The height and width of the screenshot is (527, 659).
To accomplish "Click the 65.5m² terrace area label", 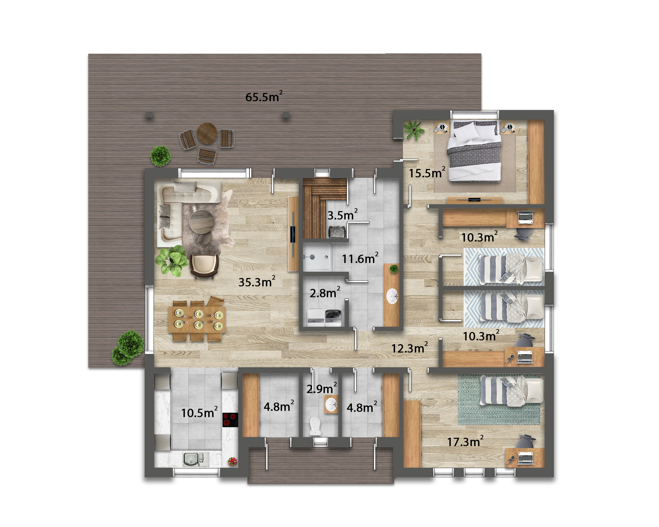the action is (264, 97).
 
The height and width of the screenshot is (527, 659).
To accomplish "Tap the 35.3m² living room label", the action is (257, 282).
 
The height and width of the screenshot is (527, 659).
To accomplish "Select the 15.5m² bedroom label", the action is (427, 173).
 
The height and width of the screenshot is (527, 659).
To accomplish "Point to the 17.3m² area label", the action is (465, 441).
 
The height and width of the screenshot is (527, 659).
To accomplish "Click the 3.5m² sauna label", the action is (342, 215).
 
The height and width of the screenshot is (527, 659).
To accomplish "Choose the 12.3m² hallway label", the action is (410, 348).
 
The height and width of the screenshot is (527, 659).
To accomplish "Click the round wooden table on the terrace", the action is (207, 133).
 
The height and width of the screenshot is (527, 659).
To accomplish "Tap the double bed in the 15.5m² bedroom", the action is (474, 151).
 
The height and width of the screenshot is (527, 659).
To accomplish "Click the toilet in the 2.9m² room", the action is (315, 426).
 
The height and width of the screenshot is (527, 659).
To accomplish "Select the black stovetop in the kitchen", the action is (230, 420).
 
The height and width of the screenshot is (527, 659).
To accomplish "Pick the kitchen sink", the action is (196, 459).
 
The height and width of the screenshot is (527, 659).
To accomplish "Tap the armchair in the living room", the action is (204, 266).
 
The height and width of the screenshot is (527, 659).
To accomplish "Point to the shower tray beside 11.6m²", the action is (316, 257).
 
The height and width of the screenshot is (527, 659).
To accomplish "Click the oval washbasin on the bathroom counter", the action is (392, 296).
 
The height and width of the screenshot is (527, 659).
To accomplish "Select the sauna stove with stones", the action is (337, 232).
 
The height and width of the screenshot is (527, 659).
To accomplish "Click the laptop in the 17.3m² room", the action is (526, 458).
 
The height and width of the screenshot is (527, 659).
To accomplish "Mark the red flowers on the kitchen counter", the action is (232, 461).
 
